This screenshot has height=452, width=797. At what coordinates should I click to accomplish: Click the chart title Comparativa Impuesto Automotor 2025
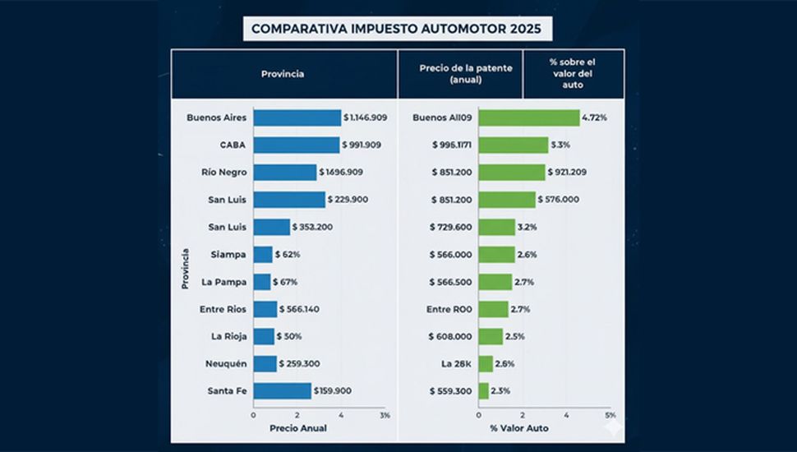[397, 29]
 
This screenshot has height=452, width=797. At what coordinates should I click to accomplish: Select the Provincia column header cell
[283, 74]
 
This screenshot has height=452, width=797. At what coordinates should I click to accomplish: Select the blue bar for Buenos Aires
[297, 118]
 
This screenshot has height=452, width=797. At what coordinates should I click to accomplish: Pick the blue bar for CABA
[296, 145]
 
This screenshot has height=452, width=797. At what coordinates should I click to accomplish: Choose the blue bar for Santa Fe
[282, 391]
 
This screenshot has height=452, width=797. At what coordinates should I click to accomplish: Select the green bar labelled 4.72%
[528, 118]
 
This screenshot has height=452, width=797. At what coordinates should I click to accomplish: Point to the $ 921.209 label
[574, 173]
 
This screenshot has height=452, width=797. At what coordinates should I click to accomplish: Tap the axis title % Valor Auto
[519, 428]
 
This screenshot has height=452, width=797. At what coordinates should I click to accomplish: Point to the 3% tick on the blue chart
[385, 415]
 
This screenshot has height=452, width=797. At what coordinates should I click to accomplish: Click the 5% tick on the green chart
[610, 415]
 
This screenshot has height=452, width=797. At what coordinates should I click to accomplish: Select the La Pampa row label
[223, 282]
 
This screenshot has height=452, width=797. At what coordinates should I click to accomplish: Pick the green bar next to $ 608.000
[491, 336]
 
